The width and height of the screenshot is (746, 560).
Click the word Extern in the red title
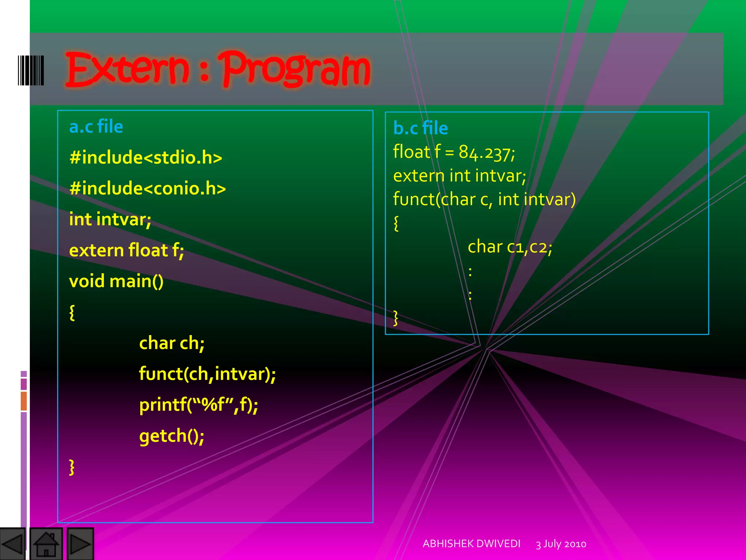tap(127, 69)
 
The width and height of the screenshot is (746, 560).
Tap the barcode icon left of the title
tap(31, 70)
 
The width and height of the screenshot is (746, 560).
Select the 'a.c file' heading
tap(96, 127)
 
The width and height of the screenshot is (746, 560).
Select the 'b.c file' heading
tap(420, 128)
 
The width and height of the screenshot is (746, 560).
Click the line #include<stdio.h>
tap(146, 157)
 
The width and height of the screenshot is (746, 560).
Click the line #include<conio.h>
tap(148, 188)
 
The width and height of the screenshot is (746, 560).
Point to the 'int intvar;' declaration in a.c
tap(110, 219)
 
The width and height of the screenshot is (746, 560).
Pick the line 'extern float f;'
tap(126, 250)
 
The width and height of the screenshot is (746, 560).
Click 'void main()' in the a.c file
tap(116, 281)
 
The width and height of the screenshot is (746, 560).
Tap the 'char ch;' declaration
tap(172, 343)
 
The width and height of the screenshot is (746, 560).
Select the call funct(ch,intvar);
tap(207, 374)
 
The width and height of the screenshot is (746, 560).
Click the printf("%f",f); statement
tap(199, 405)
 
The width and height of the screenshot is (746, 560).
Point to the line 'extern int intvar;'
tap(459, 176)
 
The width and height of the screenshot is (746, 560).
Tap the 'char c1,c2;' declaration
tap(510, 247)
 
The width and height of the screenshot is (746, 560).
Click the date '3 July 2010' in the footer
tap(561, 544)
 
